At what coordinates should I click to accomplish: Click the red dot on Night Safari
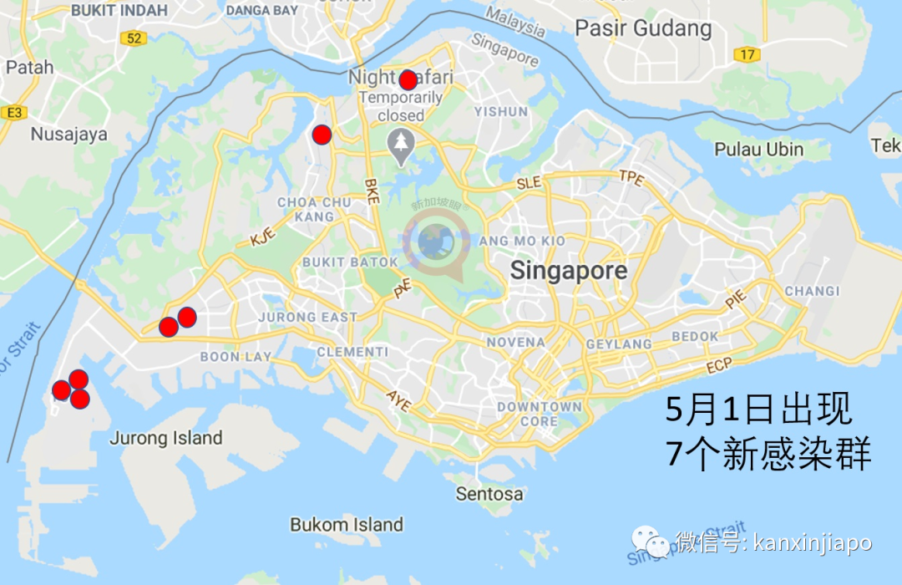point(408,80)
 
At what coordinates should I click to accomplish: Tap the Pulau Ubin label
point(758,150)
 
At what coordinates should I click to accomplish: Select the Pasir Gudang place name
point(643,28)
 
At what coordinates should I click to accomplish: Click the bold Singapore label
point(569,271)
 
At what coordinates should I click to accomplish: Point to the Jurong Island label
point(166,438)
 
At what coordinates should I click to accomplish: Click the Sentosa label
point(489,494)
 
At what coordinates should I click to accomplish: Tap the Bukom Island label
point(347,525)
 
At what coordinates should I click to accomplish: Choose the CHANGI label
point(812,291)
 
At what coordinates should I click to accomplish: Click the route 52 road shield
point(132,38)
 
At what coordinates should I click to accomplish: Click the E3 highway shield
point(13,112)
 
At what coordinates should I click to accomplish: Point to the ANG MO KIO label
point(522,241)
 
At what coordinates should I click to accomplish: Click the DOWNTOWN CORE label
point(540,414)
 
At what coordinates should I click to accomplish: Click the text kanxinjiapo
point(812,543)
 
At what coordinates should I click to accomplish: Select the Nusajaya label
point(69,134)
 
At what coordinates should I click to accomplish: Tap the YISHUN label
point(501,111)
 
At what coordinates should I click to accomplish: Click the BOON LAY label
point(236,357)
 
